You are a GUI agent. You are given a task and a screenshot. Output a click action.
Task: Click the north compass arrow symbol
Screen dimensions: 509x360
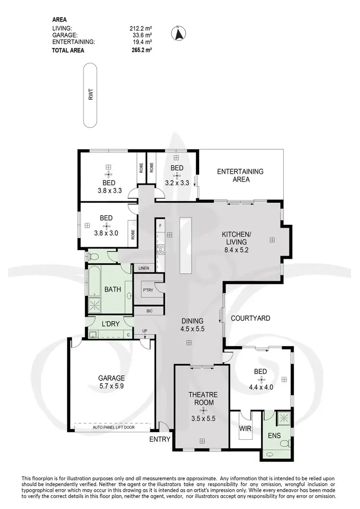[179, 34]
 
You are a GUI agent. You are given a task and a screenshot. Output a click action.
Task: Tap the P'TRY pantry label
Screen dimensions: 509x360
[147, 290]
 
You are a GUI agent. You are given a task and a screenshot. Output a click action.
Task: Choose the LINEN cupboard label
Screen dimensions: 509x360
[144, 268]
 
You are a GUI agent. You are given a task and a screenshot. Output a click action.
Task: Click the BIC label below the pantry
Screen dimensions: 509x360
[149, 311]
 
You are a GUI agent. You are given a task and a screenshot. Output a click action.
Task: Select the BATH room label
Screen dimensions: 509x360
[112, 290]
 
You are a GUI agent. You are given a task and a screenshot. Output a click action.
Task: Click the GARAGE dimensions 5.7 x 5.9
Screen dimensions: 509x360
[112, 386]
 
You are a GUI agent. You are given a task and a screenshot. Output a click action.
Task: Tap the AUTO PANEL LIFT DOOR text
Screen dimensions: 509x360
[113, 426]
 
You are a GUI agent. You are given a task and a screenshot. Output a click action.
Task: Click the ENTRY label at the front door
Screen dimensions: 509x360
[159, 439]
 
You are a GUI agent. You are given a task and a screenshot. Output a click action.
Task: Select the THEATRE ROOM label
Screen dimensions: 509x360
[204, 399]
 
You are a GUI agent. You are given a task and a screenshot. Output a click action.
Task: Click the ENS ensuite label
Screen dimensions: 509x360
[273, 437]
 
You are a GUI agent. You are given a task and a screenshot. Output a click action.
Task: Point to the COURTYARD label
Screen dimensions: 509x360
[250, 318]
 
